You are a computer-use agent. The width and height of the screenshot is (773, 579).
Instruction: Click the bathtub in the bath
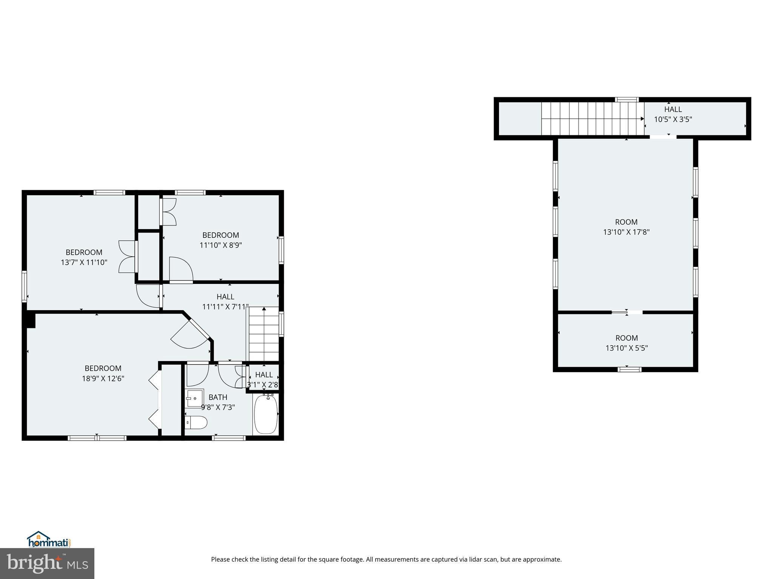point(266,414)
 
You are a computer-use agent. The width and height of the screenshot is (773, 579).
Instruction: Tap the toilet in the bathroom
point(197,423)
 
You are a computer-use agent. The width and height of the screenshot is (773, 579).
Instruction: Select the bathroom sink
point(195,398)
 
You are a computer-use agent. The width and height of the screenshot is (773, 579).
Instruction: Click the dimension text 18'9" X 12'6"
point(103,378)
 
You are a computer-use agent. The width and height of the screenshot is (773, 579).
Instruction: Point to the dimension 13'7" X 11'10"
point(84,262)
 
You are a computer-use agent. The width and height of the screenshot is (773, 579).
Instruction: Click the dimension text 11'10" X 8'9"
point(221,245)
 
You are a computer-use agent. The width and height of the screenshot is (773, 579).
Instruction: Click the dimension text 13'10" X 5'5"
point(627,348)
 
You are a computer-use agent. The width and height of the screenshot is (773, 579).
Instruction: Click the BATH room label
point(218,397)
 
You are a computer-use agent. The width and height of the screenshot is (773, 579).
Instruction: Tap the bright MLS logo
point(47,563)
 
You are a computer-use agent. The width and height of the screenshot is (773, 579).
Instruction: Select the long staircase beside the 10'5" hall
point(593,119)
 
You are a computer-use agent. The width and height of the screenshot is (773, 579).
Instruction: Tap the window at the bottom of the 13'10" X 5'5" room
point(629,369)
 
